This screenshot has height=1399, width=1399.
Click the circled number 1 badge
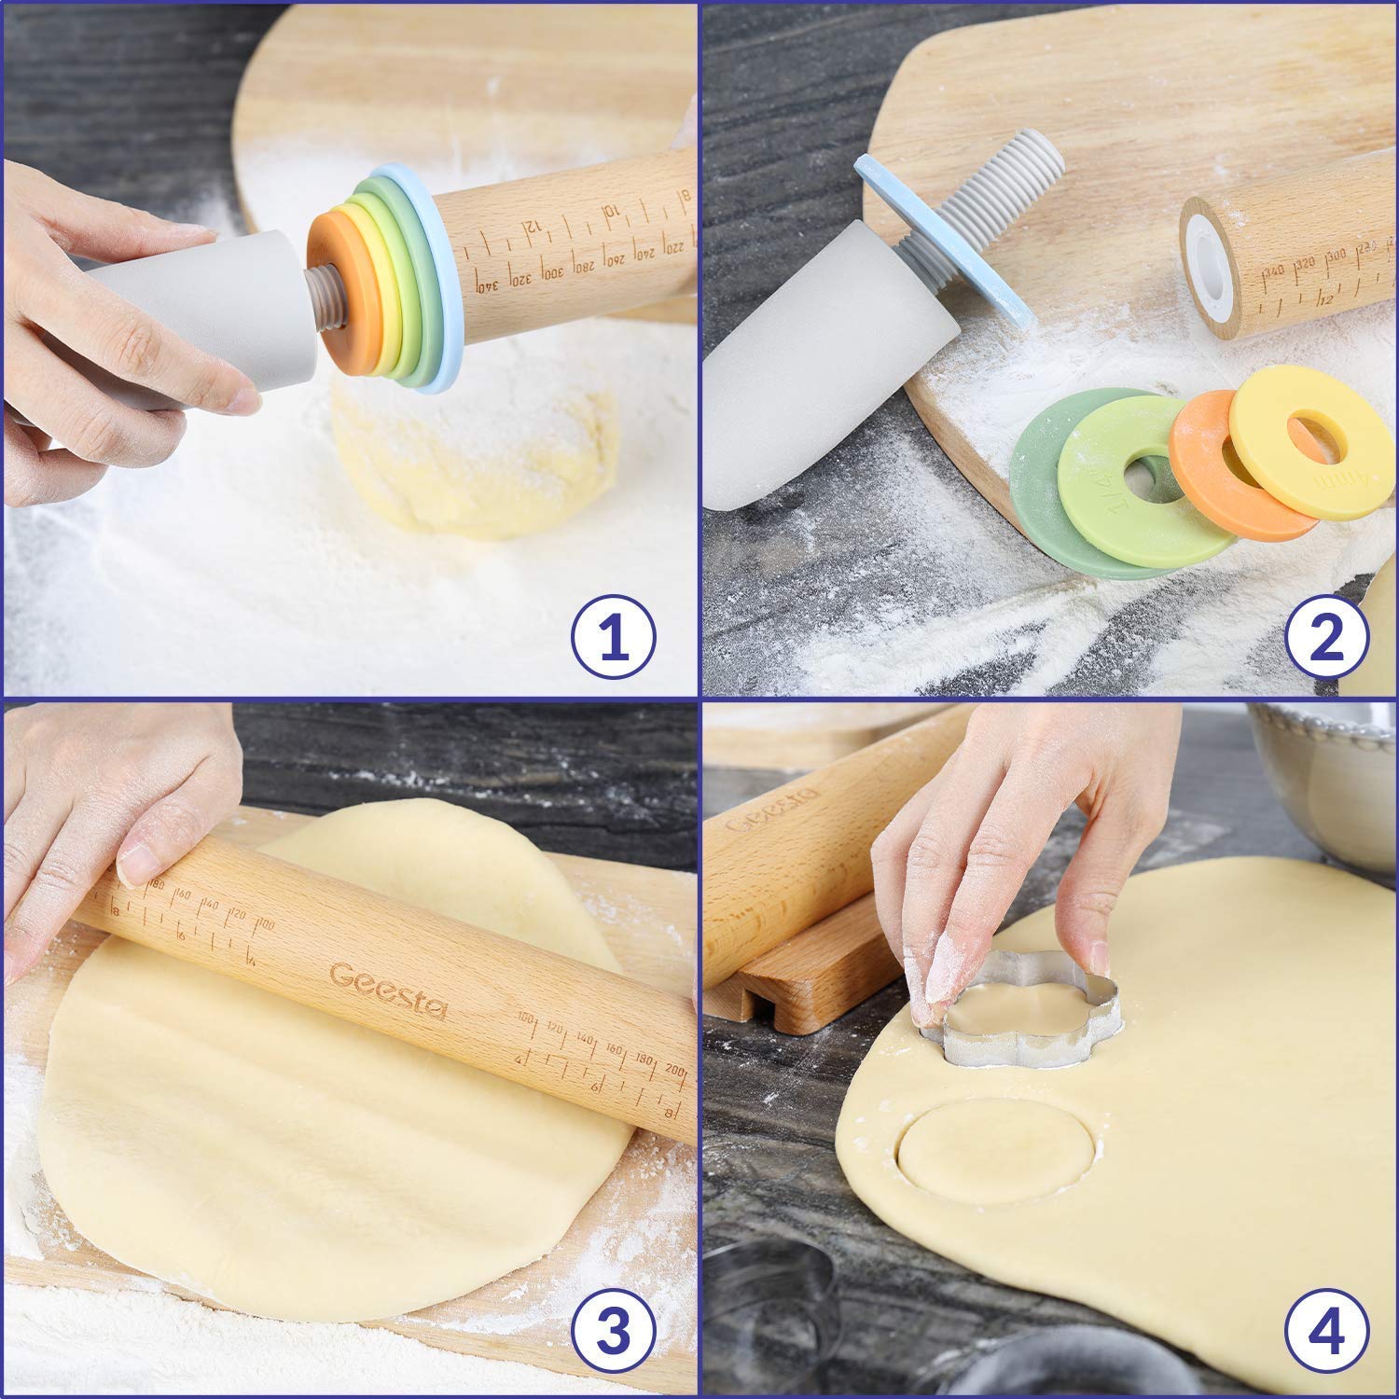click(x=613, y=637)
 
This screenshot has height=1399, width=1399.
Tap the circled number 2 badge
click(x=1327, y=637)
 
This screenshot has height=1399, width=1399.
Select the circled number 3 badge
click(x=613, y=1336)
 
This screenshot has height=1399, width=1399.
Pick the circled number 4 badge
click(x=1327, y=1336)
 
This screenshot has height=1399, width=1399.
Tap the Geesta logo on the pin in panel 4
click(x=770, y=809)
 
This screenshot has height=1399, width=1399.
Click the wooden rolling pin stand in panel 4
click(x=802, y=979)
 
